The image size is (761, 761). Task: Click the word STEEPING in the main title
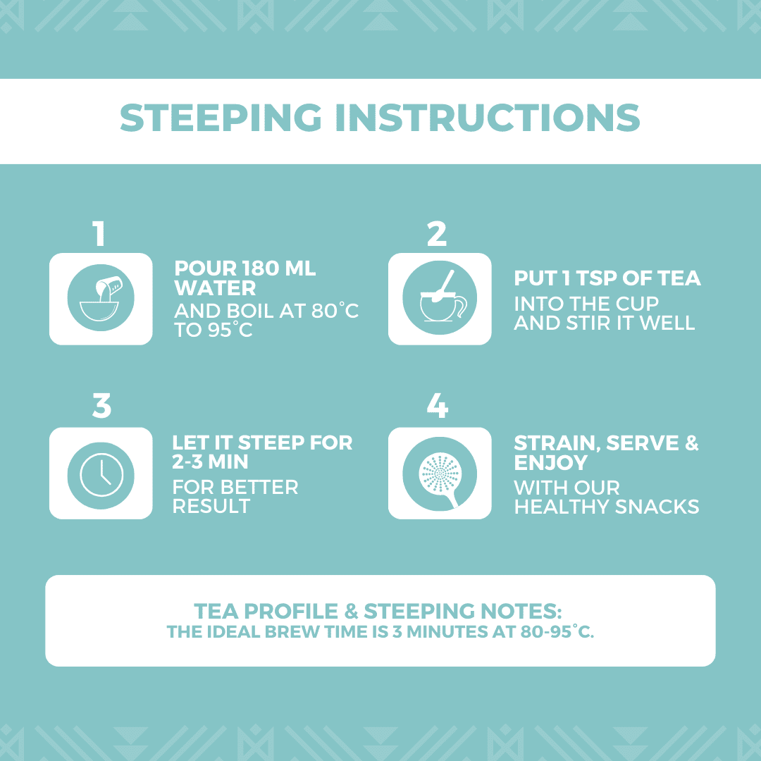[221, 118]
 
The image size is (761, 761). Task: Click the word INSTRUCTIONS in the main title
[488, 118]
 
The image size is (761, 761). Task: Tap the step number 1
[99, 234]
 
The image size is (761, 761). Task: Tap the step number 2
[437, 234]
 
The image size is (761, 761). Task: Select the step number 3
[101, 406]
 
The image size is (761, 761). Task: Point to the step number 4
[438, 406]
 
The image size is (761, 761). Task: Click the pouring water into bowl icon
[101, 298]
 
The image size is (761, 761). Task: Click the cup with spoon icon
[440, 297]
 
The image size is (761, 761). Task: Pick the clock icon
[101, 476]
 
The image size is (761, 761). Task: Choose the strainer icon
[440, 474]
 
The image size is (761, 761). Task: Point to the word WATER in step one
[215, 288]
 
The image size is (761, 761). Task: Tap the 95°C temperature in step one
[230, 330]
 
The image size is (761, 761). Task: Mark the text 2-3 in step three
[187, 462]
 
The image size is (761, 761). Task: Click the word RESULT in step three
[211, 506]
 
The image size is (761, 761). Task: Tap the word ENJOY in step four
[551, 462]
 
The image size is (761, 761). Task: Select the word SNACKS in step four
[657, 507]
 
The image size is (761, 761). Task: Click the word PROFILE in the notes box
[291, 611]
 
